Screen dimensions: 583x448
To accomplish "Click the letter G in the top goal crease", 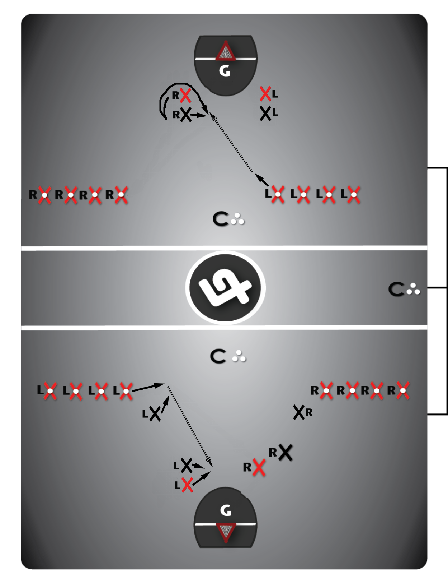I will click(x=225, y=71).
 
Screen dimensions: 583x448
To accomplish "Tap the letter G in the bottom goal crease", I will click(x=226, y=510).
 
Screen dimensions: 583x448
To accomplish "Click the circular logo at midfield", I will click(x=225, y=288).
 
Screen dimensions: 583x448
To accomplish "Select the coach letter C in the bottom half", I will click(x=218, y=356).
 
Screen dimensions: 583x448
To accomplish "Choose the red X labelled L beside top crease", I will click(x=265, y=94).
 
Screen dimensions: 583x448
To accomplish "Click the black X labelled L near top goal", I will click(x=266, y=114).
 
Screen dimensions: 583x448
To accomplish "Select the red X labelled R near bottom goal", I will click(x=259, y=467).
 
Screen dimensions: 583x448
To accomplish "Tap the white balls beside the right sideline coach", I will click(x=413, y=289).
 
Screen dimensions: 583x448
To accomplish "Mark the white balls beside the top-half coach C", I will click(x=237, y=219).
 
